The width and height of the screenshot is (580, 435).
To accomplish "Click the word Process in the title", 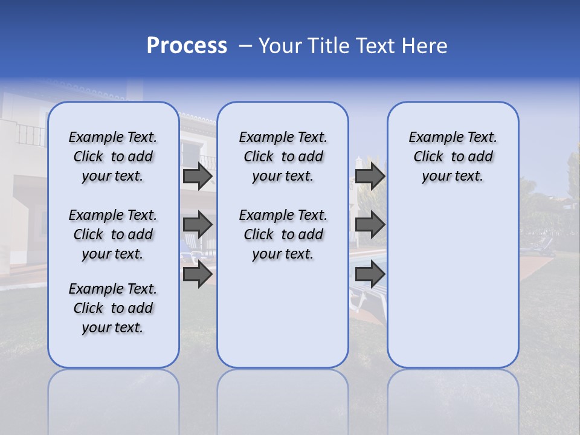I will click(187, 46).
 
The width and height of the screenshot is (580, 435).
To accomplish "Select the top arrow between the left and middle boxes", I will click(198, 176).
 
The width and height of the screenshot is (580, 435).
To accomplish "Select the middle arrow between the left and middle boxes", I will click(198, 225).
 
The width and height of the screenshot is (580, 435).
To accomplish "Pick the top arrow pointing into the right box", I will click(370, 176).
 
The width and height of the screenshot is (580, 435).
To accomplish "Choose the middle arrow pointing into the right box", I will click(370, 225).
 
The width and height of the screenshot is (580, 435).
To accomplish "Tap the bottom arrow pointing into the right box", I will click(370, 274).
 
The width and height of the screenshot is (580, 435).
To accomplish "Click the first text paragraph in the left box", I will click(113, 156).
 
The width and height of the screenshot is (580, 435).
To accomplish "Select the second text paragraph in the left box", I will click(113, 234).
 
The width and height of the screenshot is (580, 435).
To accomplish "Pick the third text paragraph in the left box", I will click(113, 308).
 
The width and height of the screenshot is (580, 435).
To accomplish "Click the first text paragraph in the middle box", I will click(283, 156).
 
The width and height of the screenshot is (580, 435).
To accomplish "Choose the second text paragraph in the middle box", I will click(283, 234).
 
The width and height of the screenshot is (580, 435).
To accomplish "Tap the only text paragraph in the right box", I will click(453, 156).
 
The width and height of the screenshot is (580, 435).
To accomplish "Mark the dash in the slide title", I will click(245, 46).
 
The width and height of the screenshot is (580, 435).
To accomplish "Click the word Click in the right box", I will click(428, 157).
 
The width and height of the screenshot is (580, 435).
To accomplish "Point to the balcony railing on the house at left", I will click(30, 135).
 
